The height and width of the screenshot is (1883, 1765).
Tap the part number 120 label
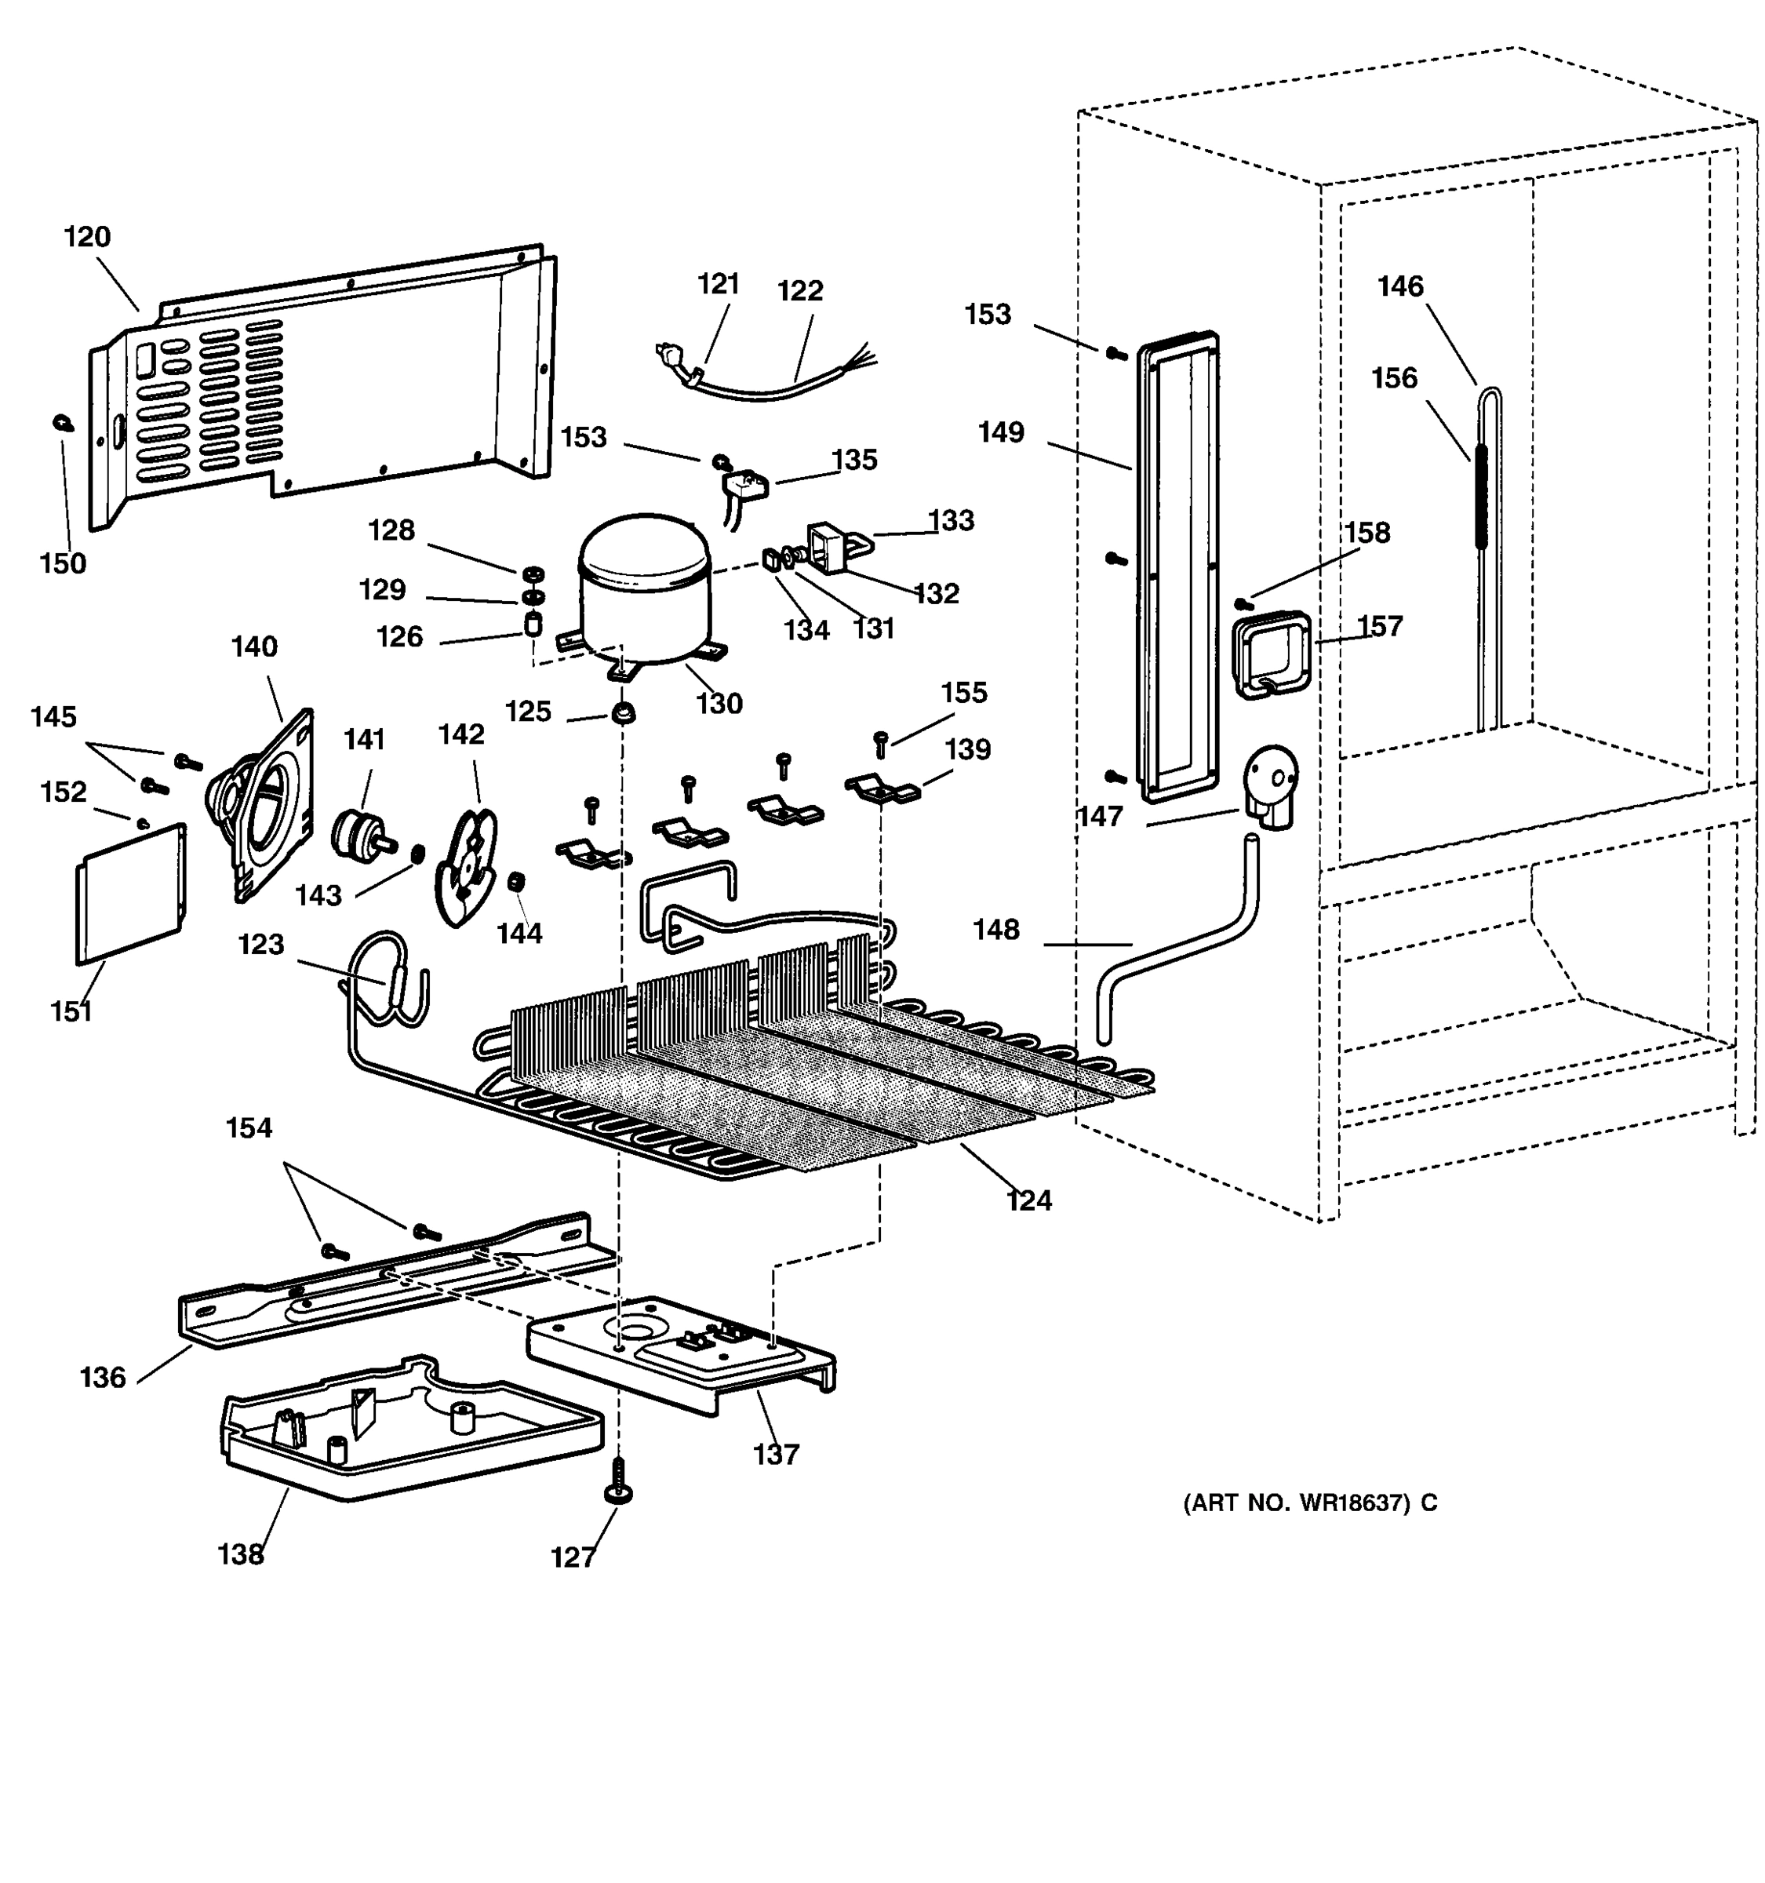[87, 237]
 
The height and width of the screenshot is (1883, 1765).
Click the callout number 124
[1028, 1201]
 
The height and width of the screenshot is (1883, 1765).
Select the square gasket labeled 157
[1271, 654]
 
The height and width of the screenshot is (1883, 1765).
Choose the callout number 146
[1399, 286]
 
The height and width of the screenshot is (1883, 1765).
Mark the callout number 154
[249, 1128]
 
